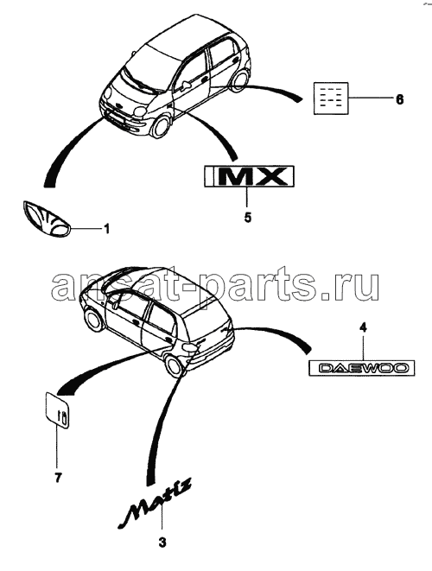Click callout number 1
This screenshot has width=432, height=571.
pyautogui.click(x=106, y=229)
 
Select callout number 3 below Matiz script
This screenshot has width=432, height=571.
pyautogui.click(x=162, y=542)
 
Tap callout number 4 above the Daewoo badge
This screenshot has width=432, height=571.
pyautogui.click(x=362, y=327)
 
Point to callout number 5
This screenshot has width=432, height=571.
pyautogui.click(x=248, y=218)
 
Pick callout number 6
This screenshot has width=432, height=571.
pyautogui.click(x=399, y=99)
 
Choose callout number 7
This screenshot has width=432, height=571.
pyautogui.click(x=58, y=477)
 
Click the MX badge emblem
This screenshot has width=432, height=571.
pyautogui.click(x=249, y=176)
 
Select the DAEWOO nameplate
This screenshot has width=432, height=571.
pyautogui.click(x=362, y=368)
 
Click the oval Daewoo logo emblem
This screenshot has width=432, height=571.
pyautogui.click(x=47, y=219)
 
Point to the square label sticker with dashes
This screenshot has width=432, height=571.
pyautogui.click(x=331, y=98)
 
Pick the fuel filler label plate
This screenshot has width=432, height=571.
pyautogui.click(x=57, y=410)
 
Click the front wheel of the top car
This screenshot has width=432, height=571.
pyautogui.click(x=160, y=126)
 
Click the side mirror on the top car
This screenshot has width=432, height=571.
pyautogui.click(x=186, y=84)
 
